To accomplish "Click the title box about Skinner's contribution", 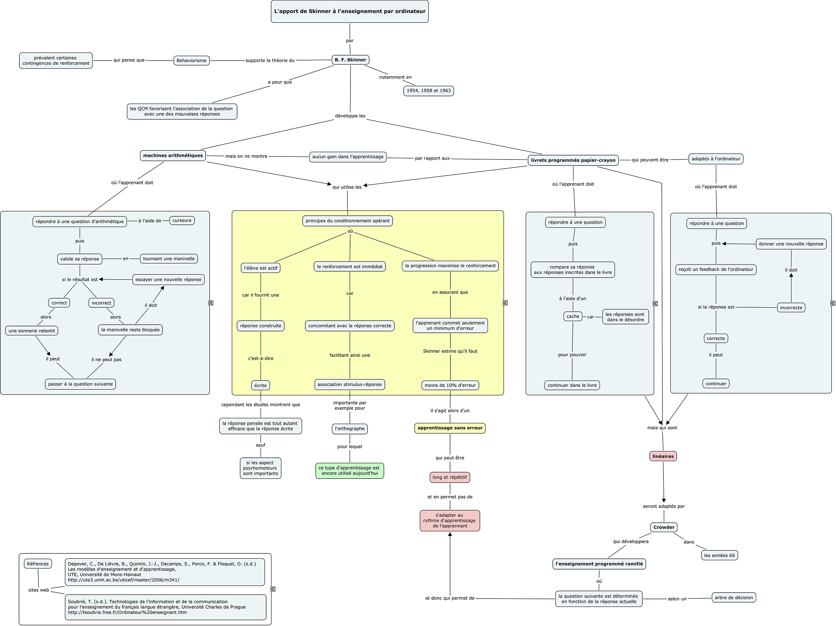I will point(349,11).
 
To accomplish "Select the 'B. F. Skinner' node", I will point(350,60).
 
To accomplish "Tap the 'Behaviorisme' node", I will point(192,61).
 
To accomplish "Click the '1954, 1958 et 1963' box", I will point(429,91).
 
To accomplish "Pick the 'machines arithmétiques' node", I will point(173,155).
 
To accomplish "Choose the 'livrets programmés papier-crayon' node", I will point(573,160).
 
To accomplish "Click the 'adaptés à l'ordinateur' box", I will point(716,159).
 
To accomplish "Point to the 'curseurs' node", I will point(182,220).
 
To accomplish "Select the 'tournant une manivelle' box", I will point(169,259).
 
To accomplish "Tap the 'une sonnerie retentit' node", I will point(32,331).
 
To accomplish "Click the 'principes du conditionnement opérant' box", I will point(348,221).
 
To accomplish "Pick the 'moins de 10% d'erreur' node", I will point(450,385).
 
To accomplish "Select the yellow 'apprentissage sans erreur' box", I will point(450,428).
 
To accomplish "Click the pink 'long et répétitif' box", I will point(450,478).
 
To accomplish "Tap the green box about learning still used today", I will point(349,471).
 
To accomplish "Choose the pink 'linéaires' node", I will point(663,456).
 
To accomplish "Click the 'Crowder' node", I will point(664,527).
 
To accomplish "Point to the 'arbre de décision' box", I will point(734,598).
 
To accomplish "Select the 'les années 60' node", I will point(719,555).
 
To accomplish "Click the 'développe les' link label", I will point(350,116).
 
